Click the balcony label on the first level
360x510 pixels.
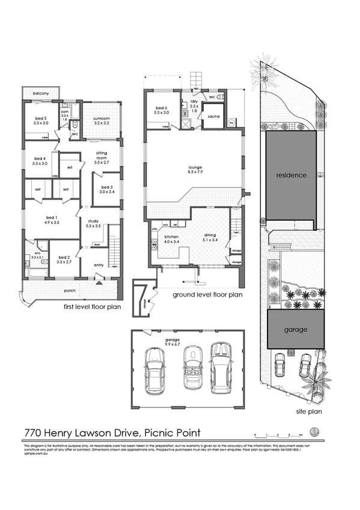click(x=41, y=94)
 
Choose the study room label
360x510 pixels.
click(x=93, y=223)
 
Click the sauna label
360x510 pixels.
click(x=213, y=117)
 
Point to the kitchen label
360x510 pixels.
click(x=171, y=238)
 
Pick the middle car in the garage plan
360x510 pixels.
click(x=192, y=367)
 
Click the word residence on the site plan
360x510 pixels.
click(x=291, y=176)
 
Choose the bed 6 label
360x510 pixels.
click(x=160, y=109)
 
